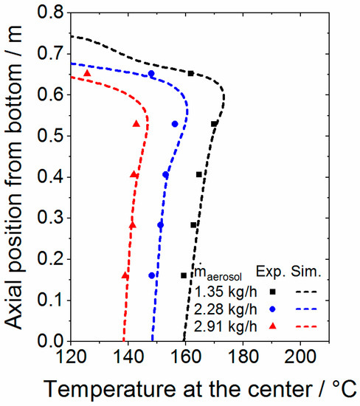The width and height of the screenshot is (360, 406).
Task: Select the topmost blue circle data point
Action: (151, 74)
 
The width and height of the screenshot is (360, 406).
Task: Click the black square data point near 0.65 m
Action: (191, 73)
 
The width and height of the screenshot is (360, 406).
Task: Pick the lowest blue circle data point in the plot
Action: (152, 275)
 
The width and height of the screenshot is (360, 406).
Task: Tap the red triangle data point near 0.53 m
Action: (136, 123)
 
